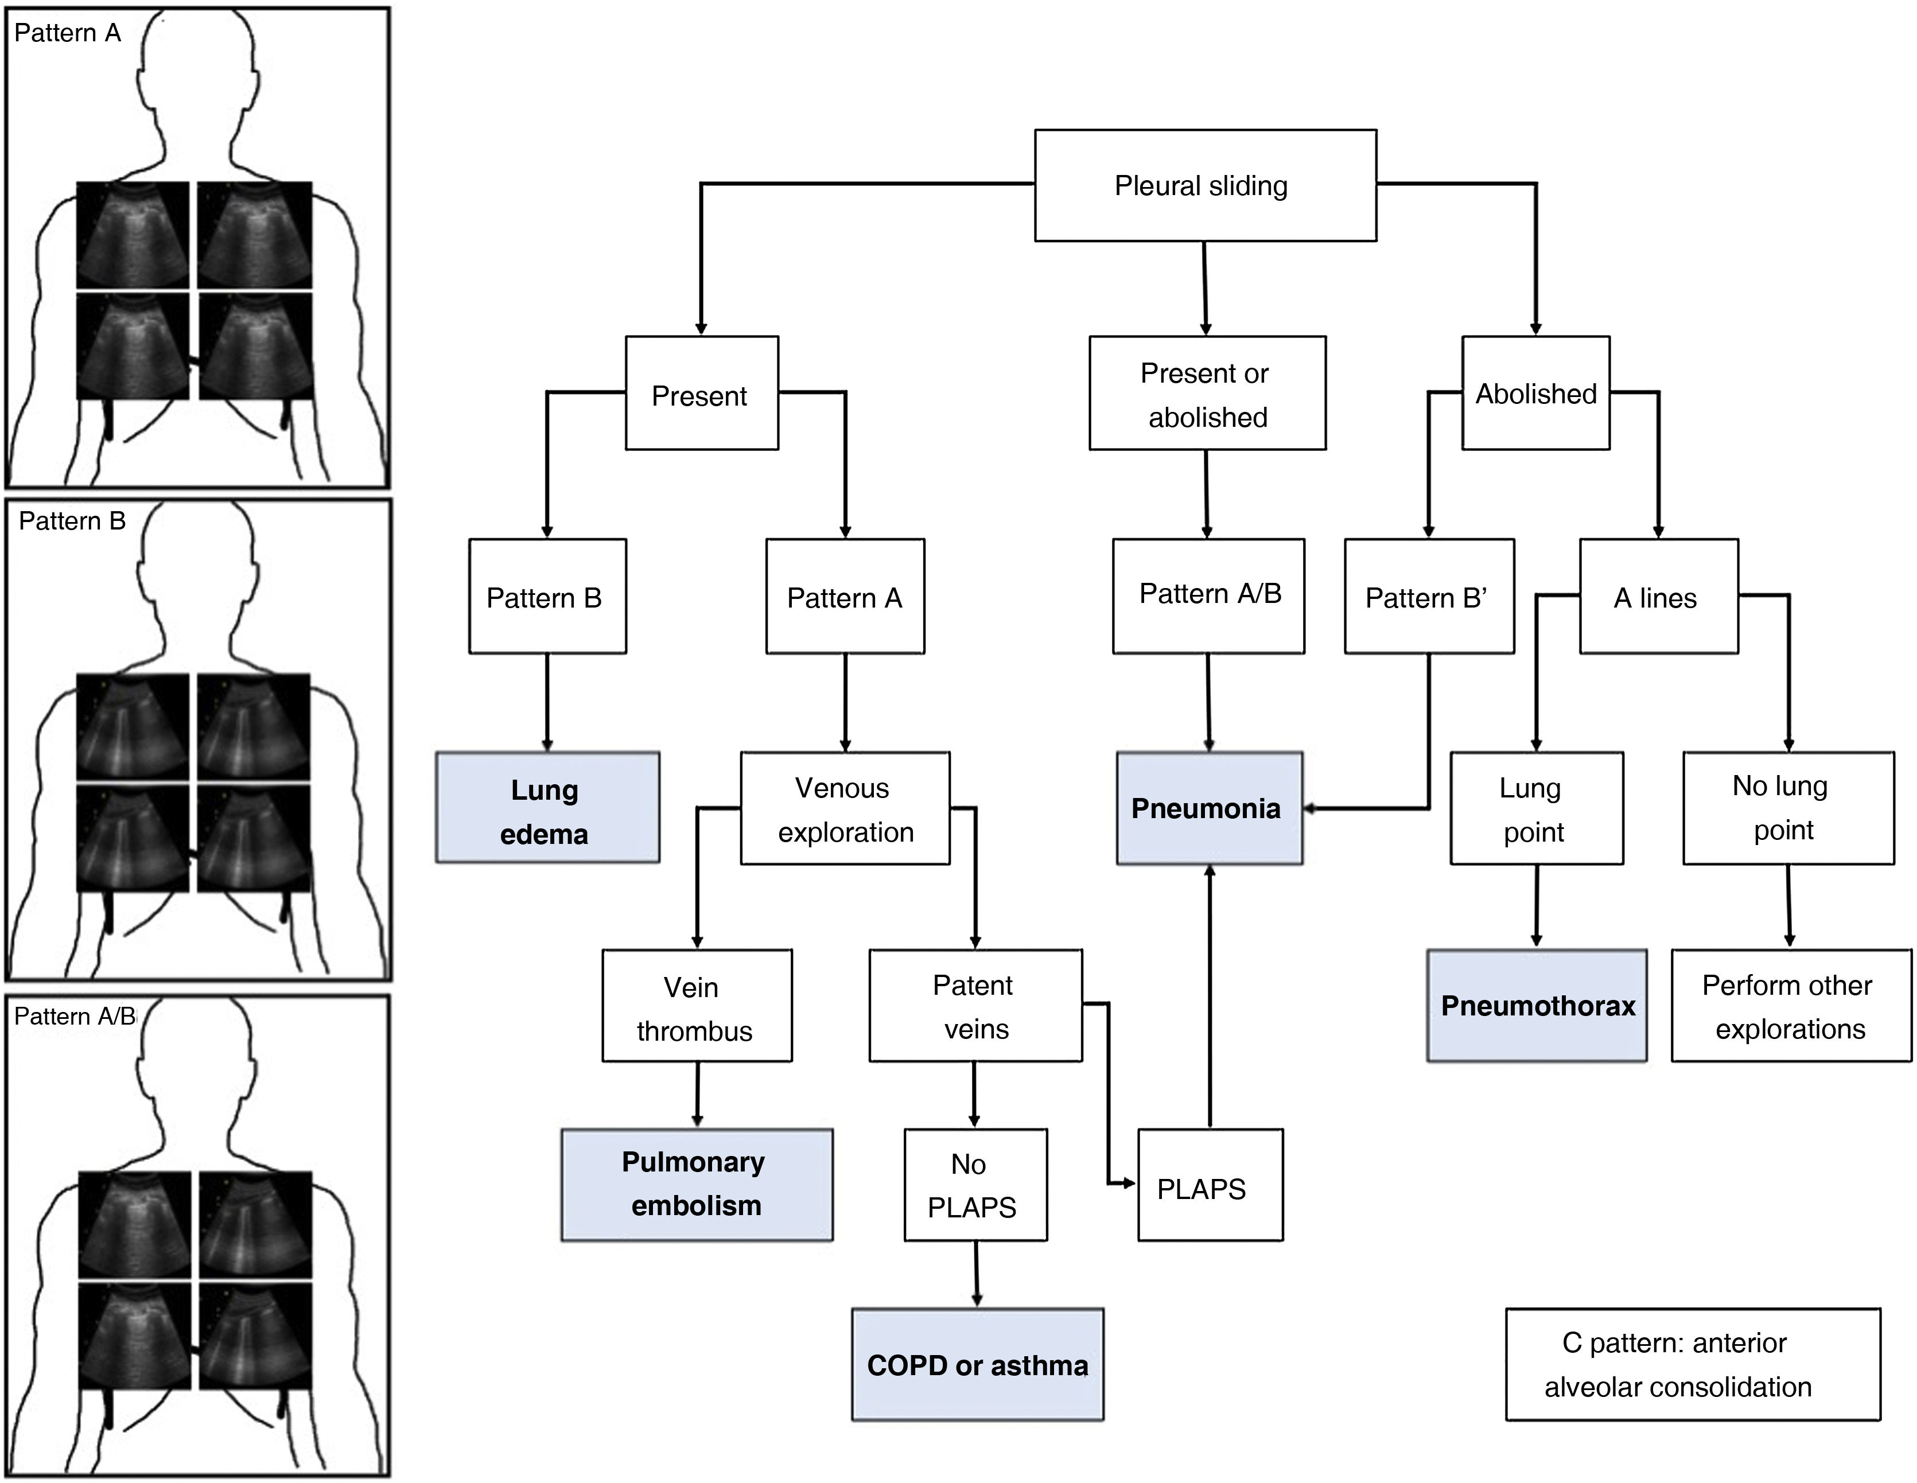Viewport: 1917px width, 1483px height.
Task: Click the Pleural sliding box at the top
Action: point(1205,185)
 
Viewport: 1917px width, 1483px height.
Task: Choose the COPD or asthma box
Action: point(977,1365)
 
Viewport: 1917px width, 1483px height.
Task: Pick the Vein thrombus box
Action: point(697,1006)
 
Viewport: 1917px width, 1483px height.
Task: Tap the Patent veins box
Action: point(975,1006)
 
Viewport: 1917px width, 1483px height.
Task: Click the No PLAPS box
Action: point(975,1185)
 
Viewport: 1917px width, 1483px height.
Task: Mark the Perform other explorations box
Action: point(1791,1006)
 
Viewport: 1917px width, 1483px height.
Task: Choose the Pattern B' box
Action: point(1429,597)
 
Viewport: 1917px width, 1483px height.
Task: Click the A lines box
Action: point(1658,597)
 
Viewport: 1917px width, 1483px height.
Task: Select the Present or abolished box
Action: point(1207,393)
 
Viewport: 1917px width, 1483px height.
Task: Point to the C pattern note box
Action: point(1692,1365)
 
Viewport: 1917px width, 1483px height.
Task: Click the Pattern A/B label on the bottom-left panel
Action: point(75,1016)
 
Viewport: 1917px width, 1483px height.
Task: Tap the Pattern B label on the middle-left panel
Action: point(72,521)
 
